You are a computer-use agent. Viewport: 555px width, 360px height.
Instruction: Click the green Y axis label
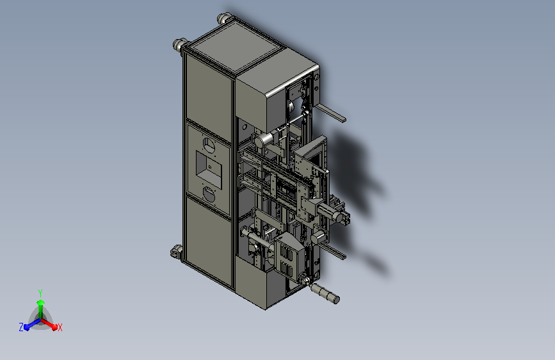(40, 291)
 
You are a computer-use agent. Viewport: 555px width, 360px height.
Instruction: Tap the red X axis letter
(60, 327)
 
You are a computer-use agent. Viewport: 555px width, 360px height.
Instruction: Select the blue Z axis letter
(21, 327)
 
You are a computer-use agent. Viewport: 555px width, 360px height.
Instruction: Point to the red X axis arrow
(51, 323)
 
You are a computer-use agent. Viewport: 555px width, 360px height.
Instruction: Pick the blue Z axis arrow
(29, 324)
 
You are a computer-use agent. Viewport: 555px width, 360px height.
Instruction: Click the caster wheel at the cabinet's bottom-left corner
(176, 252)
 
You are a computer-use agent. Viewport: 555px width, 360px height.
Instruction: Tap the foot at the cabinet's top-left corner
(179, 45)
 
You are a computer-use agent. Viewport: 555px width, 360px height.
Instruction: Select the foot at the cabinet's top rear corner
(225, 19)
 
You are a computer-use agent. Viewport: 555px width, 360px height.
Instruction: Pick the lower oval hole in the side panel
(209, 193)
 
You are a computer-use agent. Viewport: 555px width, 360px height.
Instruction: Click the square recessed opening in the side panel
(208, 167)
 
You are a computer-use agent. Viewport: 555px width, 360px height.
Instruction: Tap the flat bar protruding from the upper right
(332, 113)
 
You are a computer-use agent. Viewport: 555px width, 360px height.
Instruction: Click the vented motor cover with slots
(286, 253)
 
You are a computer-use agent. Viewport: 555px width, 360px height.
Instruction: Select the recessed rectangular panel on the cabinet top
(234, 49)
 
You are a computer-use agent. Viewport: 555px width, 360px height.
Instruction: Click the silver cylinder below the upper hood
(263, 139)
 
